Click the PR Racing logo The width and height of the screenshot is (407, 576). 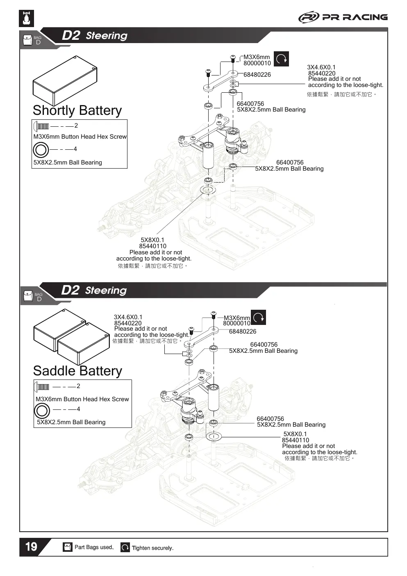[343, 17]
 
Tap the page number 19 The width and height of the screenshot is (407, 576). [31, 546]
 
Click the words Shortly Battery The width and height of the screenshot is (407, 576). [77, 110]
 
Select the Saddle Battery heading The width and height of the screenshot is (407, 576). [77, 371]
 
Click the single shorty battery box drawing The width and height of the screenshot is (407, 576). [65, 80]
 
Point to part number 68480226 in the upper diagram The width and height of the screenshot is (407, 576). [257, 75]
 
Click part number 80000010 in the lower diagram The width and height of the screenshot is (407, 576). [236, 323]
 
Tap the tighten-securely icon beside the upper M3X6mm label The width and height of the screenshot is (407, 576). [281, 59]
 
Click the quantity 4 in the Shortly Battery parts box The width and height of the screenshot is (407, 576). [75, 149]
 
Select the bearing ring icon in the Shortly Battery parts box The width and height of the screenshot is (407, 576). [41, 150]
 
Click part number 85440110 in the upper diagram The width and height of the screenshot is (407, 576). [152, 246]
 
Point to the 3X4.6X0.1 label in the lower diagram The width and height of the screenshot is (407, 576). [128, 317]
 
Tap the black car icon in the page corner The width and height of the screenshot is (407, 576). [27, 18]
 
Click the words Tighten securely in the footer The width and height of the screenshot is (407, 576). [152, 548]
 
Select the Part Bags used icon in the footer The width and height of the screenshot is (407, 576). [68, 547]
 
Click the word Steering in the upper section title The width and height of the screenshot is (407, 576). [107, 36]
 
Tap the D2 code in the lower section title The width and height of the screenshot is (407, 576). [70, 290]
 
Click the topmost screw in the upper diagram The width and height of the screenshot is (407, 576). [233, 58]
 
